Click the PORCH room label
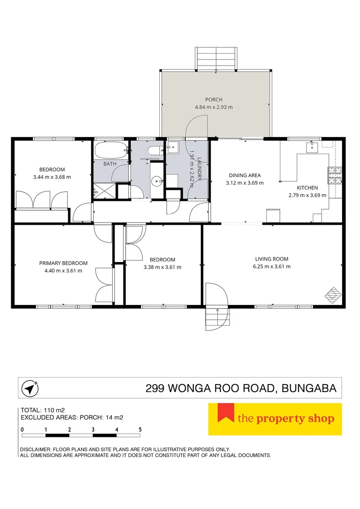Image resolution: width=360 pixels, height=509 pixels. click(x=213, y=99)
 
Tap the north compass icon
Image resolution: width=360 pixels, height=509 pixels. click(x=30, y=388)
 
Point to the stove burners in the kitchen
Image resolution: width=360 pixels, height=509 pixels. click(x=335, y=175)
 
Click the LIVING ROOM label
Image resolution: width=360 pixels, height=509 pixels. click(x=272, y=259)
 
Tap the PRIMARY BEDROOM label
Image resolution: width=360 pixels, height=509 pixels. click(x=63, y=263)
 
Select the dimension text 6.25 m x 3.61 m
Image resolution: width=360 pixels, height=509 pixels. click(x=272, y=266)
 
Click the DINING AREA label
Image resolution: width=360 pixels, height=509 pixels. click(x=245, y=175)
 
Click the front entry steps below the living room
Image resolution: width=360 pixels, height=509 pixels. click(x=218, y=318)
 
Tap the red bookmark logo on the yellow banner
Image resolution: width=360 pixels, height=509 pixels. click(x=226, y=412)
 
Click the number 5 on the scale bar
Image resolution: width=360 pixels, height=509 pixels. click(x=140, y=429)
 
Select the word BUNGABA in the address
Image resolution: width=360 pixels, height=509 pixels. click(x=309, y=388)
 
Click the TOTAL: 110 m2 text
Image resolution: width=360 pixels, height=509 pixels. click(x=42, y=410)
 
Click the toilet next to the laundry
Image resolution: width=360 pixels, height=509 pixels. click(x=155, y=151)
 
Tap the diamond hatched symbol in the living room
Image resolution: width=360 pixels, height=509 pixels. click(x=334, y=296)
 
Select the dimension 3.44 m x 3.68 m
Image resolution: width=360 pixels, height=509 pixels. click(x=52, y=177)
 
